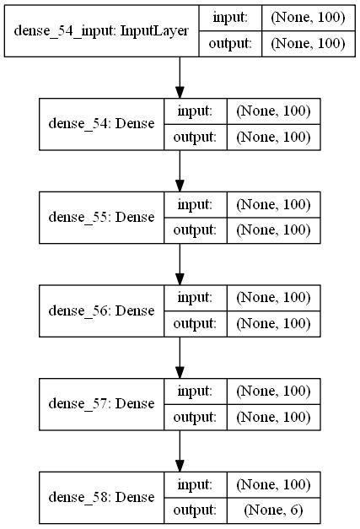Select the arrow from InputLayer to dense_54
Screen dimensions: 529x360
click(x=180, y=78)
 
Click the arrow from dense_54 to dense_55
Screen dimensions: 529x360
click(x=180, y=170)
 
